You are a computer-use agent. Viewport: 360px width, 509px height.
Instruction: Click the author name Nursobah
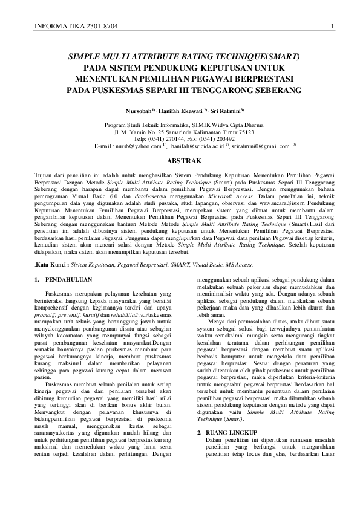coord(139,112)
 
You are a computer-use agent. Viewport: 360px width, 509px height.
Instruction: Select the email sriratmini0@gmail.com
coord(257,146)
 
